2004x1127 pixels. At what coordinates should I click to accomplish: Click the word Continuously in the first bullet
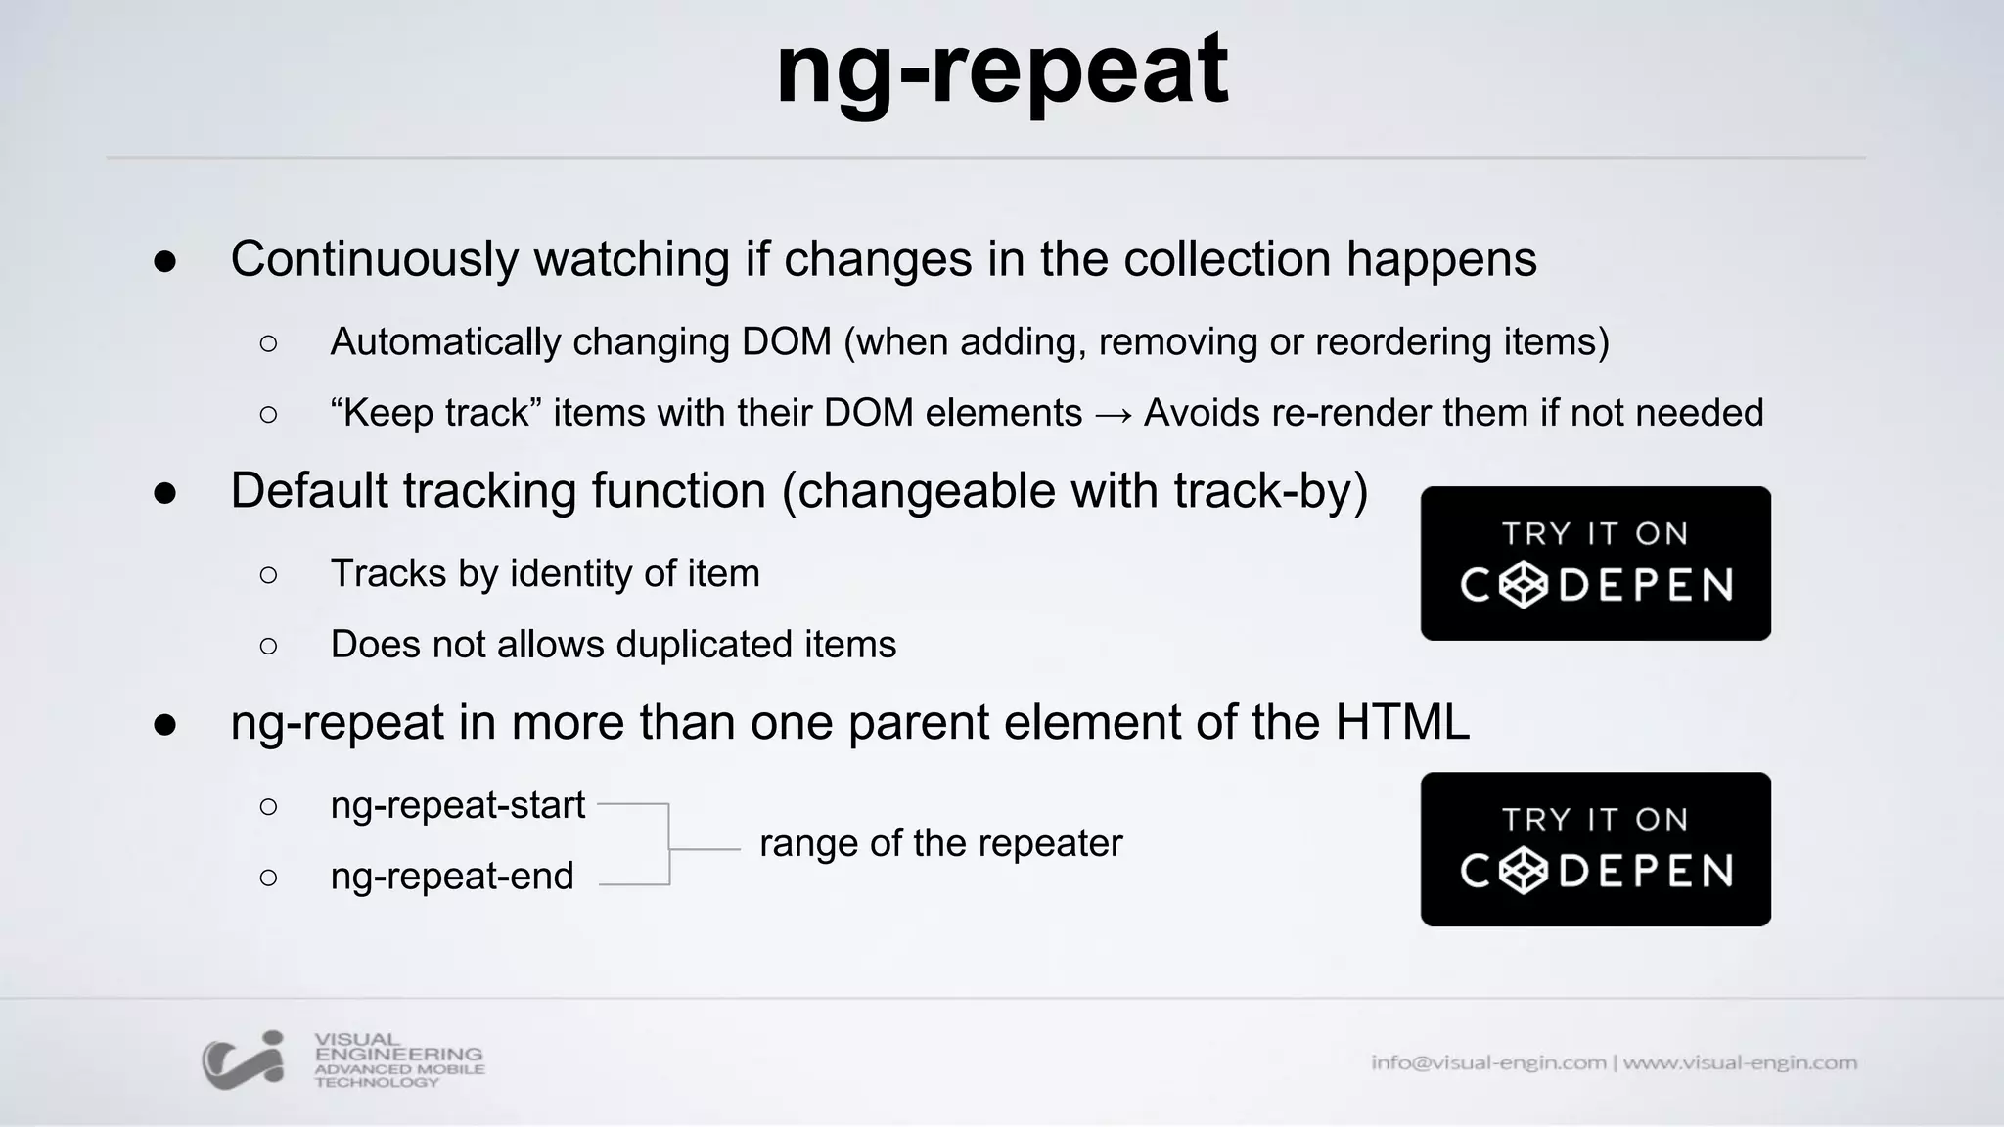click(x=374, y=260)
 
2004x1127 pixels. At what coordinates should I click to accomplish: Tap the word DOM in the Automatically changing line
click(x=786, y=342)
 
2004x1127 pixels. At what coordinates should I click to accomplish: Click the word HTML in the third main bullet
click(x=1402, y=723)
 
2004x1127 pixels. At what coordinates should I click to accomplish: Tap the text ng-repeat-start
click(x=457, y=806)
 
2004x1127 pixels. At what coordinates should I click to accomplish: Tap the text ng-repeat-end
click(x=452, y=877)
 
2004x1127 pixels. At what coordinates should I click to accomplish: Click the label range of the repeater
click(x=940, y=844)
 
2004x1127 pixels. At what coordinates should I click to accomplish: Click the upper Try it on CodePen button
click(x=1595, y=563)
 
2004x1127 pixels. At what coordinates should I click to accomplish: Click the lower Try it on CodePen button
click(x=1595, y=849)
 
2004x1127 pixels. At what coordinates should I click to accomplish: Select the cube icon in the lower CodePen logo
click(x=1524, y=871)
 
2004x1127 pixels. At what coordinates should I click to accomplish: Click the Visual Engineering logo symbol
click(x=243, y=1059)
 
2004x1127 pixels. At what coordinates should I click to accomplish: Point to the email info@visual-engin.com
click(x=1487, y=1063)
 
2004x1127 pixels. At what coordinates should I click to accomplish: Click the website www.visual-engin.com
click(x=1740, y=1063)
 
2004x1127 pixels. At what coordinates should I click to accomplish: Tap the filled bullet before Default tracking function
click(x=164, y=493)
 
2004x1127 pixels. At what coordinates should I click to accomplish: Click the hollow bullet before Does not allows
click(x=268, y=647)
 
